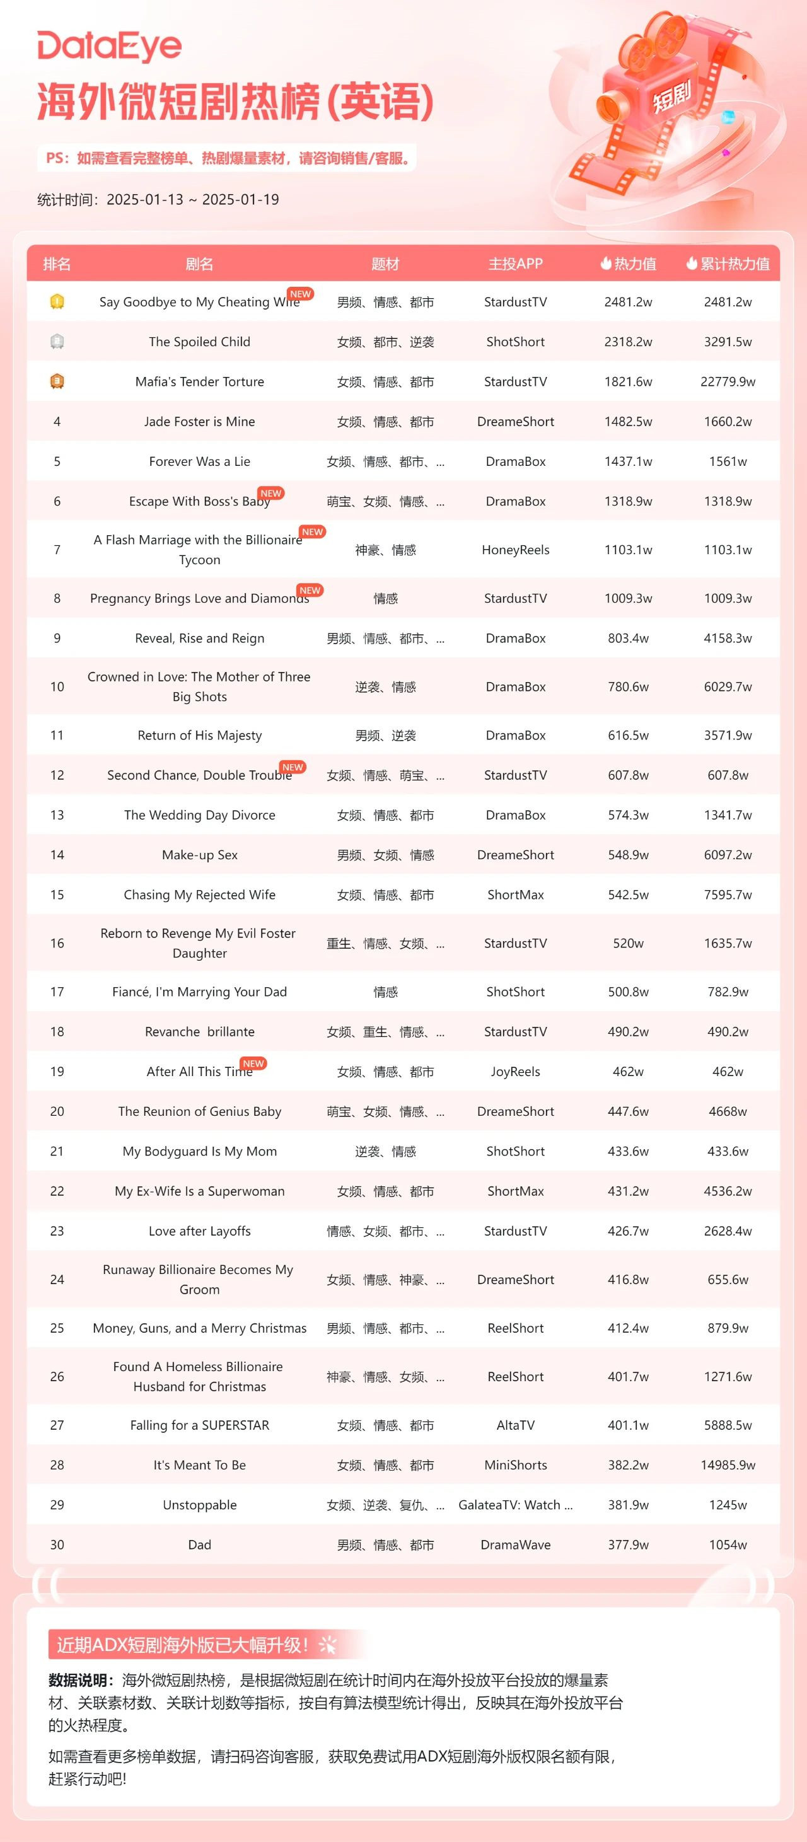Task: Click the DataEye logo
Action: click(x=110, y=47)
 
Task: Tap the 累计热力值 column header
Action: click(x=728, y=264)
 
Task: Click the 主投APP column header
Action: click(x=515, y=264)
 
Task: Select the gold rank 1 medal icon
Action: click(x=57, y=302)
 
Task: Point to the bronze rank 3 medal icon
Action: click(x=57, y=382)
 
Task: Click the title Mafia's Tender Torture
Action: click(x=200, y=382)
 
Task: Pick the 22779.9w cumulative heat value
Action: click(x=728, y=382)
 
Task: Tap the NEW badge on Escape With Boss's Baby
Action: click(x=271, y=494)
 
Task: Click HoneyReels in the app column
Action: click(x=515, y=550)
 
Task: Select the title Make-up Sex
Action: click(x=200, y=855)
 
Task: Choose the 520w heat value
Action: click(x=628, y=943)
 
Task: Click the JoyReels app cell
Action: click(x=515, y=1071)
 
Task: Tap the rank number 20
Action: click(x=57, y=1111)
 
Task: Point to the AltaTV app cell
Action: click(x=515, y=1425)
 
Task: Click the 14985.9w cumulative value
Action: click(x=728, y=1465)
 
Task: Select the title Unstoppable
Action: click(x=200, y=1505)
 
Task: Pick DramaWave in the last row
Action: click(x=515, y=1544)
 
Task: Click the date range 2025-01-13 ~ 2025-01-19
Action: click(x=192, y=199)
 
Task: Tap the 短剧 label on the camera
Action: click(x=671, y=96)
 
